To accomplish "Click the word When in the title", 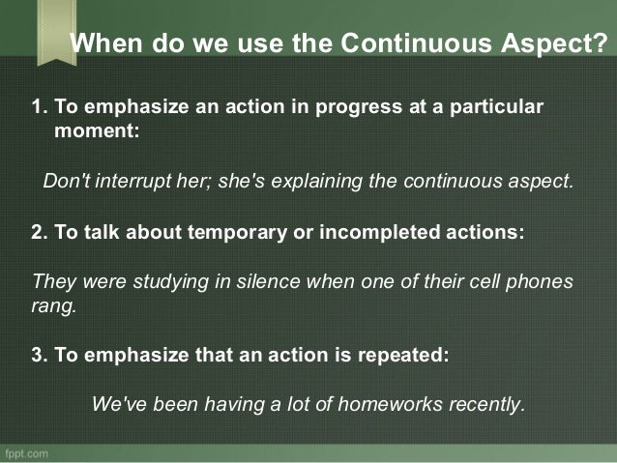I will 107,44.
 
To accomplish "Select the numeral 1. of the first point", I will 41,105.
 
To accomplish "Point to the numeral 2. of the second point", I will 41,233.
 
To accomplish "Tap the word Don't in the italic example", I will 66,181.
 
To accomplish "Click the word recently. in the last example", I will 487,403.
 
